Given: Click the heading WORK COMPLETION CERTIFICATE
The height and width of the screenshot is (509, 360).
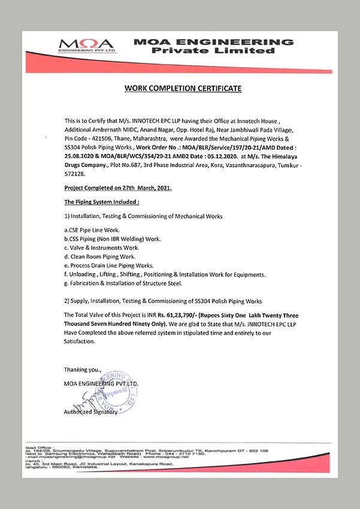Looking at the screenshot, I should (183, 88).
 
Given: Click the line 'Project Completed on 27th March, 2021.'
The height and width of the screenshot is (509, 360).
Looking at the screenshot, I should (118, 188).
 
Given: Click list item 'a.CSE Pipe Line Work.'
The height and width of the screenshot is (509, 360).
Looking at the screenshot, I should (92, 230).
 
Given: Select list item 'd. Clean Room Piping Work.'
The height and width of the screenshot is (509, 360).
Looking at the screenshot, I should (99, 256).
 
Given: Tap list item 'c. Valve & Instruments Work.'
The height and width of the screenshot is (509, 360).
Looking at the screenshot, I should (101, 247).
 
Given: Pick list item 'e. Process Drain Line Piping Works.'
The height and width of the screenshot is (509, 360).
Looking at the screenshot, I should (109, 265).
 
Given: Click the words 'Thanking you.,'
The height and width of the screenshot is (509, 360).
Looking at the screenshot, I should (83, 369).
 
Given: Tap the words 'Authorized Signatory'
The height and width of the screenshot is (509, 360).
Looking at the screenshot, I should (92, 413).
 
